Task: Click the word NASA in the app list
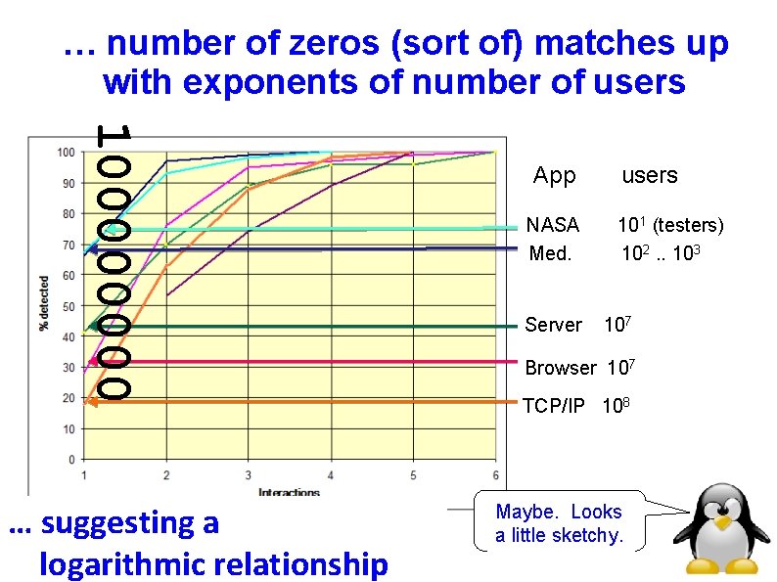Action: pos(553,225)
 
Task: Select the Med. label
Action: pos(548,253)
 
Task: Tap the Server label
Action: pos(553,325)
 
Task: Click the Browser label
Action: pos(560,369)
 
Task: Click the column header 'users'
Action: pos(650,176)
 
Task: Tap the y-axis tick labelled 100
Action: pos(66,152)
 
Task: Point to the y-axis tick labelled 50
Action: pos(68,306)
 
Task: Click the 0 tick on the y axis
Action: pos(70,460)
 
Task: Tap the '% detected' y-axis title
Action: pos(44,306)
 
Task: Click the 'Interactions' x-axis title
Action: pos(289,491)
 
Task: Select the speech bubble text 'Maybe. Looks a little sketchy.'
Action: pos(559,523)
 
